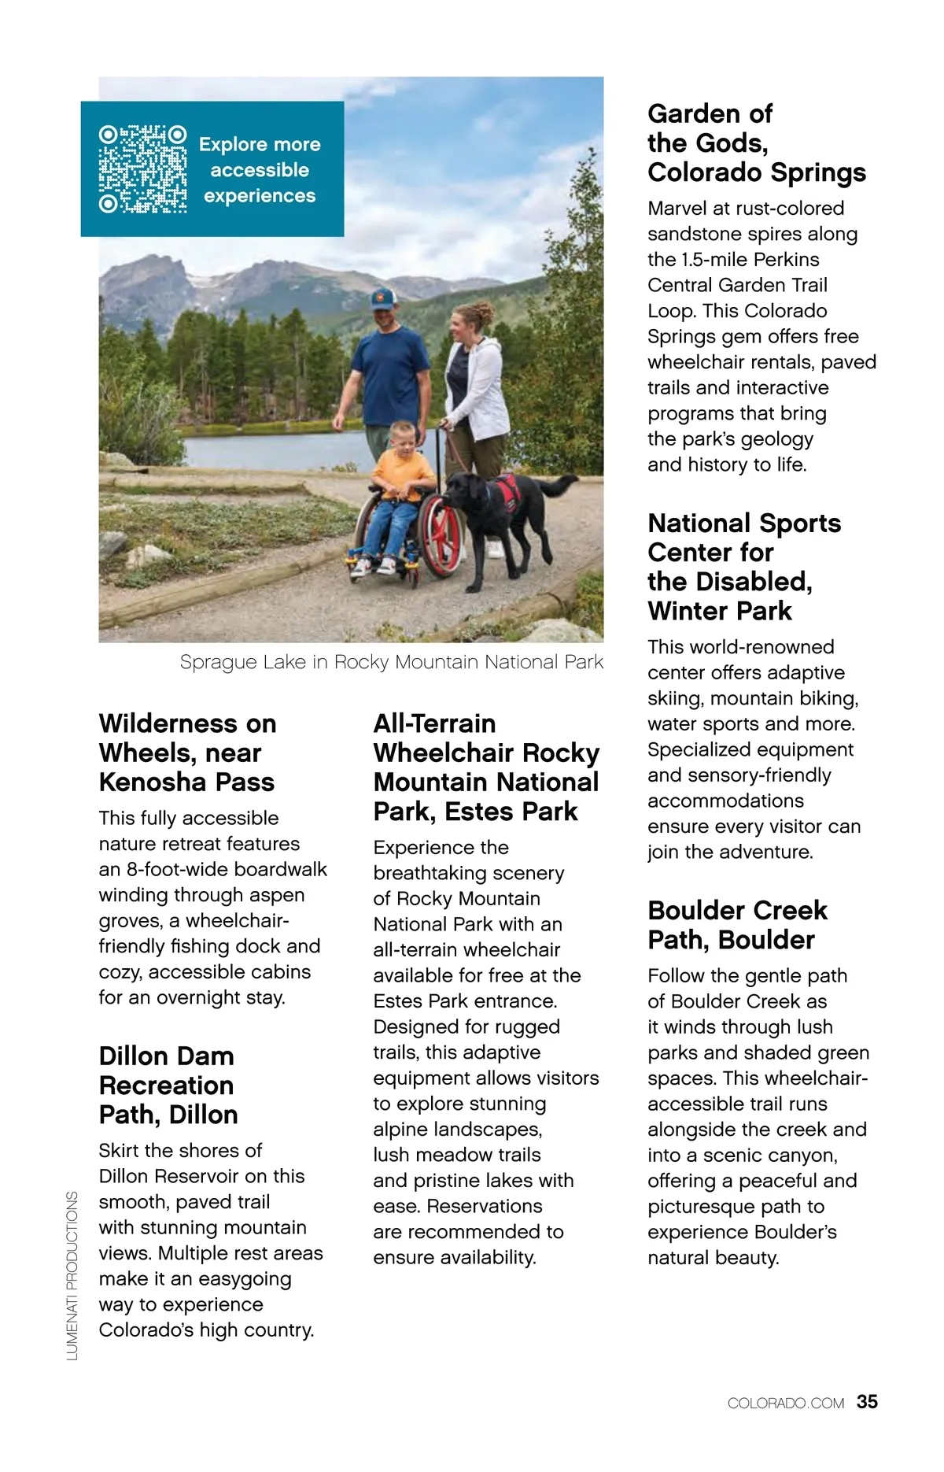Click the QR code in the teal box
tap(142, 169)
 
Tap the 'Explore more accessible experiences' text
tap(260, 170)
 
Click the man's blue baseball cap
tap(383, 298)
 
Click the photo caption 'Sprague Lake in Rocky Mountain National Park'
tap(391, 662)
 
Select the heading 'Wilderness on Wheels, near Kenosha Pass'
tap(187, 753)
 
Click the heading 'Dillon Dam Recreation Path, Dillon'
tap(168, 1085)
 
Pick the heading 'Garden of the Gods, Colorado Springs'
tap(756, 142)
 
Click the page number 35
tap(867, 1402)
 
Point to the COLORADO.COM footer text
tap(785, 1404)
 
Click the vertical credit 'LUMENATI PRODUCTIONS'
tap(72, 1275)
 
